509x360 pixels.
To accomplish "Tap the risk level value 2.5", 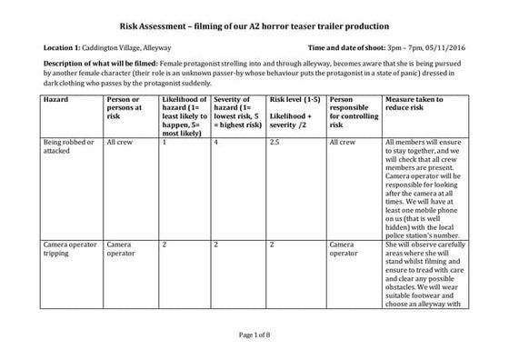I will point(275,143).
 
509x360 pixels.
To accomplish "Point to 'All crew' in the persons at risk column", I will point(121,143).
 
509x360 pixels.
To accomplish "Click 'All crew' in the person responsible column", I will point(344,143).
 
